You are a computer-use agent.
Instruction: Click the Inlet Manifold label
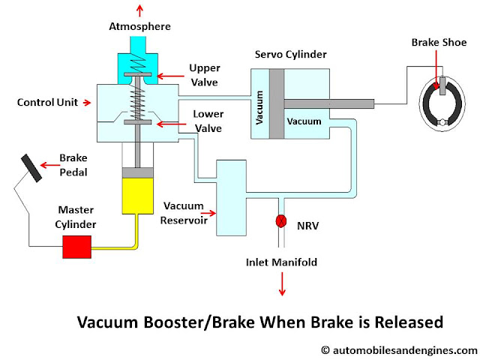(x=282, y=262)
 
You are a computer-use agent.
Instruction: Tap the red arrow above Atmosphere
(x=138, y=9)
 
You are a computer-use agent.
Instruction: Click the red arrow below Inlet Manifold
(x=283, y=284)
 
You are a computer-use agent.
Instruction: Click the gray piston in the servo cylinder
(x=276, y=103)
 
